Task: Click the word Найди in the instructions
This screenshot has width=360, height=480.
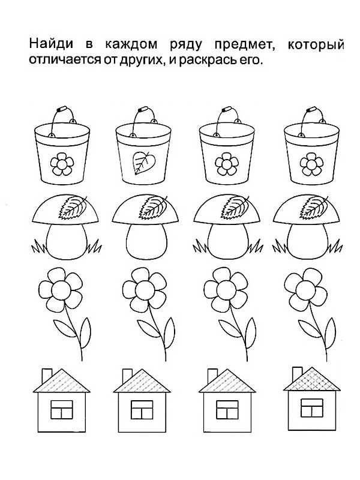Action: tap(51, 44)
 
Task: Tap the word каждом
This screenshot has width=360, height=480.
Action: tap(131, 44)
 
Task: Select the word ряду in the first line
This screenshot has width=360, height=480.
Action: tap(186, 46)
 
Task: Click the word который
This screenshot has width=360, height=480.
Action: tap(316, 45)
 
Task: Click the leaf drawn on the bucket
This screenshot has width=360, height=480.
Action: tap(143, 162)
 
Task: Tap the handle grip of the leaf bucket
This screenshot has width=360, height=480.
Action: tap(143, 110)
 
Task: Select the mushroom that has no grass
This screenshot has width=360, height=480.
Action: tap(145, 228)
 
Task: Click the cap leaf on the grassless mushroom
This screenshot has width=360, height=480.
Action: tap(153, 207)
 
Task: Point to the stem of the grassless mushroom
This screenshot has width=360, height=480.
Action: tap(146, 242)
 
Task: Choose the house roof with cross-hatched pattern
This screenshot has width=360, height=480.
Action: tap(312, 379)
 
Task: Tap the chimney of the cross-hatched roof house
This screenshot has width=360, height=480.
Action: tap(297, 374)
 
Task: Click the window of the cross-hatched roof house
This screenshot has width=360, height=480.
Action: tap(311, 408)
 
